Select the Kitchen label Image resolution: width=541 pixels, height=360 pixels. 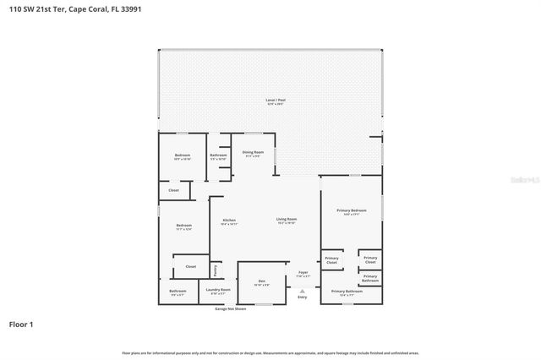coord(229,221)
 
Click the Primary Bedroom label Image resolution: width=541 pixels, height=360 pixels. coord(352,211)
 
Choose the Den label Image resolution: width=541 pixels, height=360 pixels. coord(262,282)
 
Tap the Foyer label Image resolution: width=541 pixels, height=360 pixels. coord(303,273)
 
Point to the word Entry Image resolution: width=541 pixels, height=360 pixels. coord(303,297)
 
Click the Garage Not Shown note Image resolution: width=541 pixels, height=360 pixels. coord(230,309)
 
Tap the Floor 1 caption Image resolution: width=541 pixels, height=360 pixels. coord(20,324)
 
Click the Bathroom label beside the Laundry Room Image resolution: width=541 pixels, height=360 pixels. coord(178,292)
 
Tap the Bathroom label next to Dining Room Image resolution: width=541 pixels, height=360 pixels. coord(218,155)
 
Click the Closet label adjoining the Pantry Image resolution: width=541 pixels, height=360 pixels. coord(190,266)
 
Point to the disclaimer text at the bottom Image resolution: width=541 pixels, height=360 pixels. coord(270,352)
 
